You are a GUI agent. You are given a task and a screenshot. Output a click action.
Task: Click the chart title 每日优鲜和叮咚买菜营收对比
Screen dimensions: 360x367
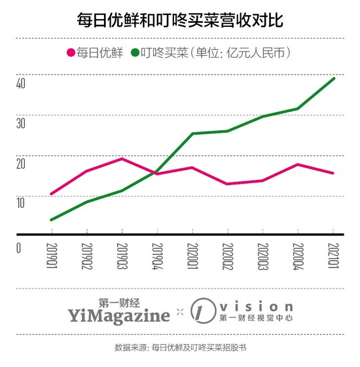click(180, 20)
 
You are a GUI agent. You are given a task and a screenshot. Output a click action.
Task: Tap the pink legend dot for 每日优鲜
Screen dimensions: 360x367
click(71, 52)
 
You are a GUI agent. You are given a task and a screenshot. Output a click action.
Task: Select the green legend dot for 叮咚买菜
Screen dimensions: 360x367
click(135, 52)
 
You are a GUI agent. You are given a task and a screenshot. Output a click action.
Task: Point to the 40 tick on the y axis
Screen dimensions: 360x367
click(20, 83)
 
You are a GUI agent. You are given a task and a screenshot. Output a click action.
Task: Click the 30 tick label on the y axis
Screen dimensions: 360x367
click(20, 123)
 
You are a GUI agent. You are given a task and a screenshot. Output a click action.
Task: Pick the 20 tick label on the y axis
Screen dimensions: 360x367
click(20, 164)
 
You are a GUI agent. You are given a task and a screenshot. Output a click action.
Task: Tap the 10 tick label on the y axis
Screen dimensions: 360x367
click(20, 203)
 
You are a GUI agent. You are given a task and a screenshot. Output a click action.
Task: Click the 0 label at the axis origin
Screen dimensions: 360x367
click(18, 248)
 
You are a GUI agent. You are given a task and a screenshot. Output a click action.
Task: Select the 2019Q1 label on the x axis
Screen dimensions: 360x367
click(52, 256)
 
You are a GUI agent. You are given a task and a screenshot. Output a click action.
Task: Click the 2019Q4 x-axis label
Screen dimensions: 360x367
click(157, 256)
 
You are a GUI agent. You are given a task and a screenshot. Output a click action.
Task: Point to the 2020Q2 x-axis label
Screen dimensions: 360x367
click(228, 256)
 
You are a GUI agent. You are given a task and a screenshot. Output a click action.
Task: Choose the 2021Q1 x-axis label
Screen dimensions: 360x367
click(334, 256)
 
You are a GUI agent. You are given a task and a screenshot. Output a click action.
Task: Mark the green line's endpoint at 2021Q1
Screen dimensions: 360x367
click(334, 79)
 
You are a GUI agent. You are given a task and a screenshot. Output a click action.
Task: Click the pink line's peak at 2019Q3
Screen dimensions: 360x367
click(122, 159)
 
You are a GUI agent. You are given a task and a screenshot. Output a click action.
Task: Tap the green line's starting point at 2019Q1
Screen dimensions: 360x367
click(52, 220)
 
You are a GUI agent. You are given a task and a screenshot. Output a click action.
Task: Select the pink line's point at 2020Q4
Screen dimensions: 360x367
click(298, 165)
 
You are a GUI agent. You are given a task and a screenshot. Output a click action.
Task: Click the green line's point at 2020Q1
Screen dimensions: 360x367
click(192, 133)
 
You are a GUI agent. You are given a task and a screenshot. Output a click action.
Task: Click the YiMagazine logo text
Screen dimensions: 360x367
click(119, 316)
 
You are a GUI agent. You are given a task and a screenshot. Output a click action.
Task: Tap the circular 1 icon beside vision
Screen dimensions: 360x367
click(203, 311)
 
